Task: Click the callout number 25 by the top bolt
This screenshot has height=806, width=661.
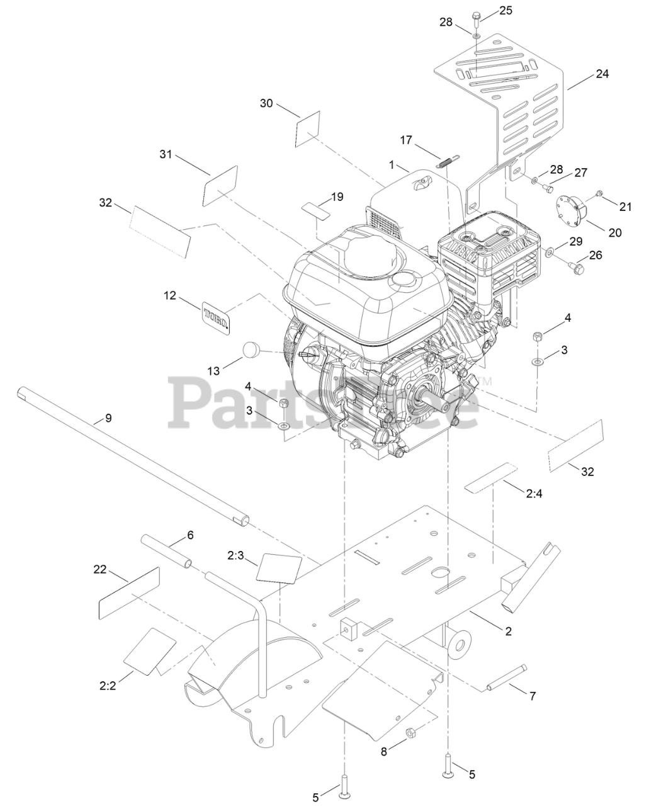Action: click(x=506, y=10)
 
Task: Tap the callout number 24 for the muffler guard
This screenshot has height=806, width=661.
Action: click(x=602, y=74)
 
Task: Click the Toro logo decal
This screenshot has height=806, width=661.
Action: click(x=216, y=315)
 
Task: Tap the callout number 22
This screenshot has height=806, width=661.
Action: click(x=100, y=569)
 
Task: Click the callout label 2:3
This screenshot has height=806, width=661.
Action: click(x=236, y=555)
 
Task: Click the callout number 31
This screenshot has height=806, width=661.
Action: click(x=166, y=154)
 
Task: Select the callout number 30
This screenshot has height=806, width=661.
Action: click(x=266, y=103)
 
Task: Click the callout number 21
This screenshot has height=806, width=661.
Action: click(x=625, y=207)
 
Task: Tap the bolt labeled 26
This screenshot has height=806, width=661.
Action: click(x=576, y=269)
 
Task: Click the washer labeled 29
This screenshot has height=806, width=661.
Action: click(x=551, y=253)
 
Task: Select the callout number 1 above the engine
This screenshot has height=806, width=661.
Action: click(x=392, y=165)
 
